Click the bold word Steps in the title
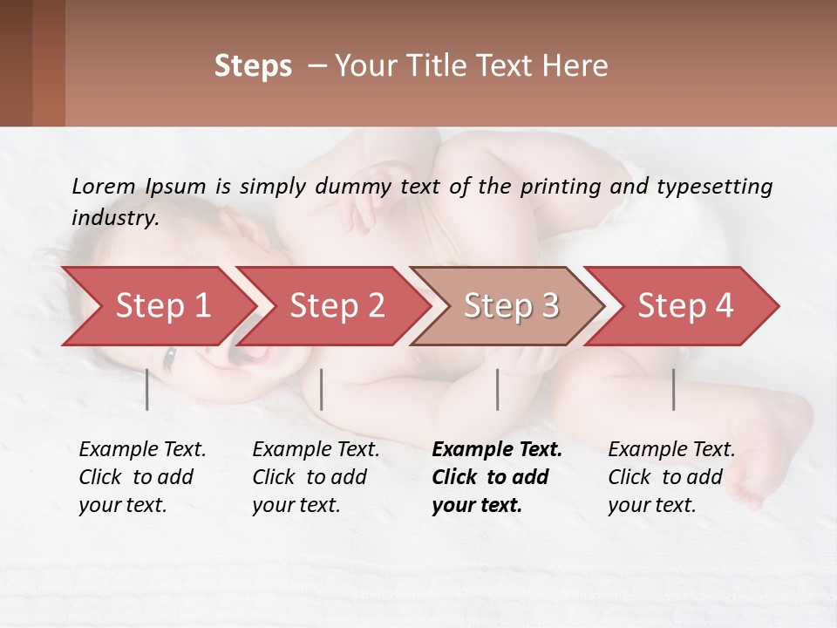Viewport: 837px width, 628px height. coord(253,66)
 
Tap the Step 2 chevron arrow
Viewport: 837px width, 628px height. coord(337,306)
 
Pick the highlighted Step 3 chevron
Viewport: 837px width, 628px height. coord(511,306)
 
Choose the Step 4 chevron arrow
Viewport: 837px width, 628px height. coord(685,306)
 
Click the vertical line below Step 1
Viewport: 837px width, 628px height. coord(147,389)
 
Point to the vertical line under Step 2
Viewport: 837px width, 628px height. coord(322,389)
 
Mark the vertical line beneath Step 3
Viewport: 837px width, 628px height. coord(498,389)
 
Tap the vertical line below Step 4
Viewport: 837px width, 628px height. coord(674,389)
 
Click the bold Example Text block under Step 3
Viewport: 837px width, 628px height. coord(496,477)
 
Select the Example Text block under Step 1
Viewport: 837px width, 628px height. coord(142,477)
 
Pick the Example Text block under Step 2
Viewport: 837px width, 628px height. coord(316,477)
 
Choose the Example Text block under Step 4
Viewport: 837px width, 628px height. coord(671,477)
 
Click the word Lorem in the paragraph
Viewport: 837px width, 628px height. coord(104,186)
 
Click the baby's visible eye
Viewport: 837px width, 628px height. coord(170,356)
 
